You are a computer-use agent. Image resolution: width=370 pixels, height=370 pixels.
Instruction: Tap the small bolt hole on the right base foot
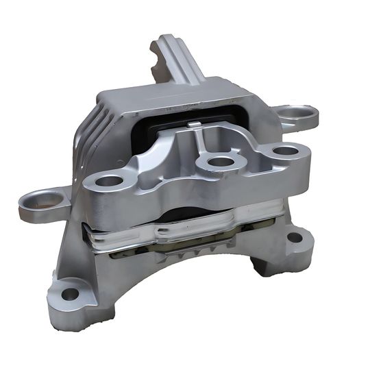point(294,238)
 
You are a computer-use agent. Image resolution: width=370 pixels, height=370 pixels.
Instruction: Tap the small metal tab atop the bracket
point(195,125)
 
